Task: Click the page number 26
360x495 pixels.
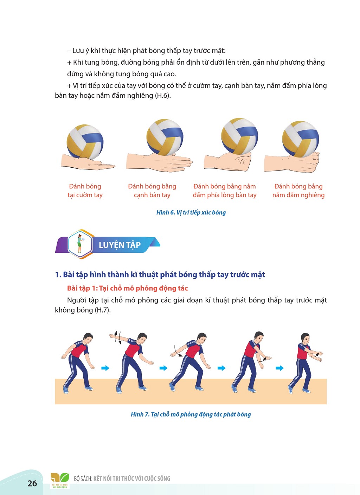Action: [x=32, y=483]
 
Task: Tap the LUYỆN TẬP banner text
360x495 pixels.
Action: [x=120, y=245]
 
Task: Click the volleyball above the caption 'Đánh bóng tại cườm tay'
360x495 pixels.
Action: [x=85, y=142]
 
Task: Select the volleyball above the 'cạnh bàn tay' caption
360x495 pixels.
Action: [x=165, y=137]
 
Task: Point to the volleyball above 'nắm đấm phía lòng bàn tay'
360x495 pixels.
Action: [x=239, y=136]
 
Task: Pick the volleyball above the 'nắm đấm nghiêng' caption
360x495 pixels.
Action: [x=301, y=139]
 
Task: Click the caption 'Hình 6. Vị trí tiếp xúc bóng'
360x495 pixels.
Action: [x=191, y=213]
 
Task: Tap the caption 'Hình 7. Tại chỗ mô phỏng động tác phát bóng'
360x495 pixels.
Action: [x=191, y=414]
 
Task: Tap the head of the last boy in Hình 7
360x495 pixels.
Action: [x=305, y=339]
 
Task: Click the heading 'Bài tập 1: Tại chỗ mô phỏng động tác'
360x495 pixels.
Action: [x=128, y=288]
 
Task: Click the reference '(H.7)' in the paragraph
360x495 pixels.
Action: [x=103, y=310]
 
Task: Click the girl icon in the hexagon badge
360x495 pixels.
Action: [x=79, y=244]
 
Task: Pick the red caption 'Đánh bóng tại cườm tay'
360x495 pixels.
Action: [x=85, y=191]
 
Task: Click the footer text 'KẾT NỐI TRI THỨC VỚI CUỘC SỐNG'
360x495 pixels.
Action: [x=132, y=478]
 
